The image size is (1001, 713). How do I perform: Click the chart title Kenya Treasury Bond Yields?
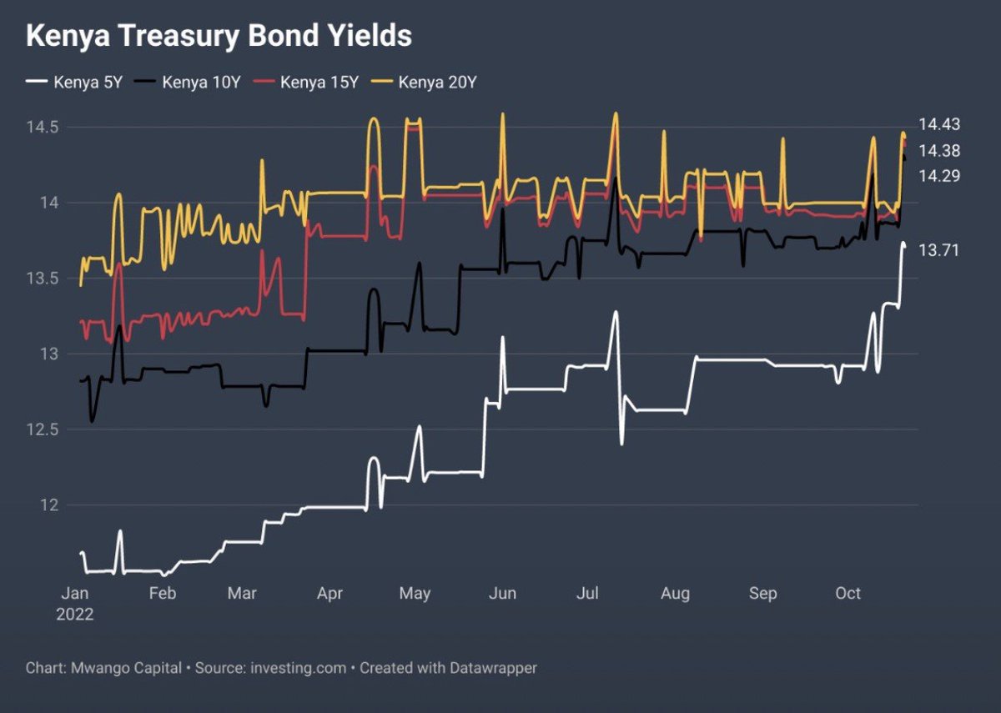tap(219, 37)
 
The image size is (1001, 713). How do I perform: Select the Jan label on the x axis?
tap(74, 594)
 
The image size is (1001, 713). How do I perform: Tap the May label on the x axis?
tap(415, 594)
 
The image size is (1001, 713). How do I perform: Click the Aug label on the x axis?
tap(675, 594)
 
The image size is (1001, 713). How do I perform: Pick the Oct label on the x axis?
tap(848, 594)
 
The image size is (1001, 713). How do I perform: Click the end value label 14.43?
tap(939, 124)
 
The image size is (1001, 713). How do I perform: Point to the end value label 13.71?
tap(939, 250)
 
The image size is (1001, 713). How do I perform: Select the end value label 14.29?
tap(939, 176)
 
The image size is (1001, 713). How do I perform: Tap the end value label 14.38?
tap(939, 150)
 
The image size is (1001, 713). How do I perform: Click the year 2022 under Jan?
tap(74, 615)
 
